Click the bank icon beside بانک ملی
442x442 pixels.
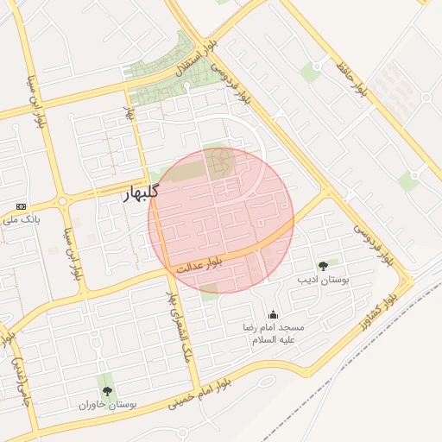click(22, 207)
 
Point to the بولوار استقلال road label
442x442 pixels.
click(197, 58)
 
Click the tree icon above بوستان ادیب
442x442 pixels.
click(323, 267)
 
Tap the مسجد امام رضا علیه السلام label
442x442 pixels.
click(274, 334)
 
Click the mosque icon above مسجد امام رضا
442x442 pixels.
click(274, 315)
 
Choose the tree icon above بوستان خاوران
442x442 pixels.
click(107, 391)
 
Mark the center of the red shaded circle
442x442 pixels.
click(221, 220)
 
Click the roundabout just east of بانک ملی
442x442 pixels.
click(62, 204)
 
